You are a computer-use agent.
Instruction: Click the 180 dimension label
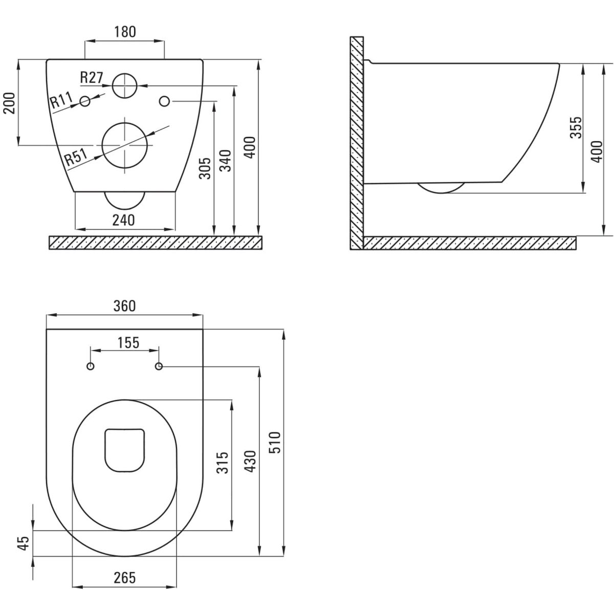point(124,32)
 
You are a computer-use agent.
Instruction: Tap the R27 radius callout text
point(92,77)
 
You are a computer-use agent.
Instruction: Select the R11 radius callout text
point(61,100)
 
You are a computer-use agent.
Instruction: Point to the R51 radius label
point(76,158)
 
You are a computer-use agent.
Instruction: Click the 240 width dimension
point(124,220)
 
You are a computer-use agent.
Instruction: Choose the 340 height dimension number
point(226,161)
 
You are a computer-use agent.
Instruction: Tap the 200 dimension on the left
point(9,103)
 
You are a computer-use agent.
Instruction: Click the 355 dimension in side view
point(576,127)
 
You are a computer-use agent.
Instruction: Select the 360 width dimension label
point(124,306)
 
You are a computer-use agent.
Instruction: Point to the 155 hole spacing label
point(128,343)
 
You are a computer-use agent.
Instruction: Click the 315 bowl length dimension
point(223,463)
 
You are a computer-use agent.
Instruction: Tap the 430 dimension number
point(250,462)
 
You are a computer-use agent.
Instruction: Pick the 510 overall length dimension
point(275,443)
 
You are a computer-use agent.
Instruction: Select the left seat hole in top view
point(91,366)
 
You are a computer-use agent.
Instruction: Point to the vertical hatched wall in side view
point(357,143)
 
